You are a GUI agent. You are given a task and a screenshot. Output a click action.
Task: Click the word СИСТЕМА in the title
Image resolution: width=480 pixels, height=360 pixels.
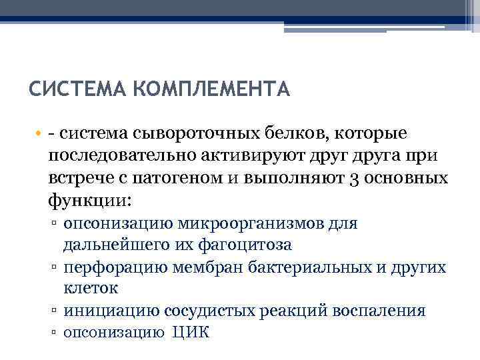69,89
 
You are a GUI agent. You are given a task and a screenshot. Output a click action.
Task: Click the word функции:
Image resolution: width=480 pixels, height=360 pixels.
90,199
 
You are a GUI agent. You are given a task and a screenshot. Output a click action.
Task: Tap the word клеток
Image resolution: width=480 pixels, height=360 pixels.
91,289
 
